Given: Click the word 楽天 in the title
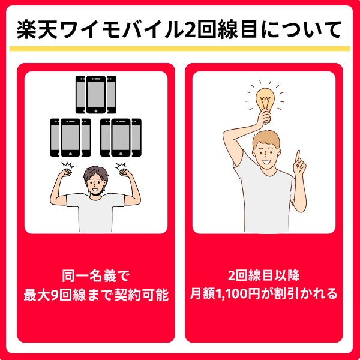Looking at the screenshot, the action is tap(37, 30).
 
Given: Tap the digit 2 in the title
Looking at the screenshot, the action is tap(189, 31).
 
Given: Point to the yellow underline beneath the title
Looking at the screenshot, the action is tap(179, 49).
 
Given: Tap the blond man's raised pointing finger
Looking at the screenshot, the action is tap(298, 156).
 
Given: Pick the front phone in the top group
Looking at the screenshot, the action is tap(96, 95).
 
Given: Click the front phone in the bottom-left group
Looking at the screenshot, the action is tap(70, 137).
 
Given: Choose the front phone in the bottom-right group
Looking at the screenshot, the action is tap(121, 137).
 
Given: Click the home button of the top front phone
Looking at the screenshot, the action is tap(96, 110).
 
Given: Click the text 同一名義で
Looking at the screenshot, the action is tap(96, 276).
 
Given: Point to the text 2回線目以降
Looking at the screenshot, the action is tap(264, 275).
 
